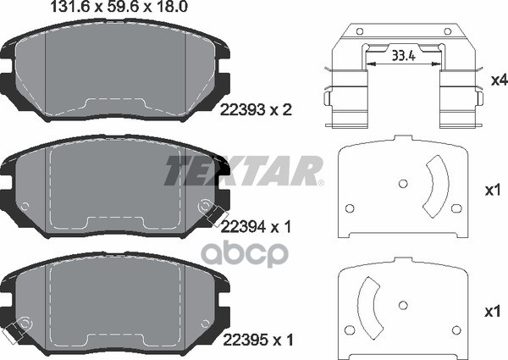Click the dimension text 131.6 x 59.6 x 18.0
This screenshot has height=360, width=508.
click(119, 7)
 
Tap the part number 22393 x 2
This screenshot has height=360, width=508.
click(256, 110)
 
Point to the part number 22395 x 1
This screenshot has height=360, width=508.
click(258, 340)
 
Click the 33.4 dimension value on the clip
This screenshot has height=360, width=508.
click(403, 56)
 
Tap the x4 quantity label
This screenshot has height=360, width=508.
click(499, 80)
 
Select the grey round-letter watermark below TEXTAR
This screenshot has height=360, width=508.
click(245, 255)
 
